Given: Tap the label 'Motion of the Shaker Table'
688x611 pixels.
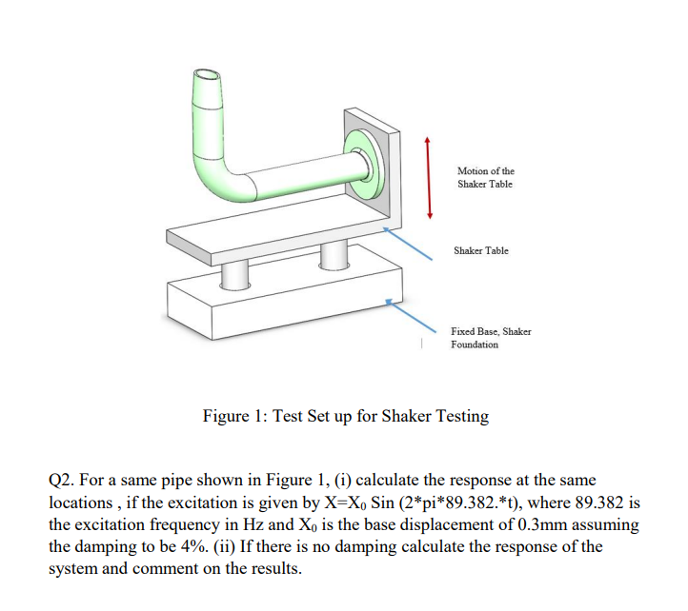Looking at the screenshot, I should click(x=485, y=177).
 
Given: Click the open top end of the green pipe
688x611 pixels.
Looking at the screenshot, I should click(x=208, y=75).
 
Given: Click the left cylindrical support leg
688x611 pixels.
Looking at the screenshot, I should click(x=233, y=272).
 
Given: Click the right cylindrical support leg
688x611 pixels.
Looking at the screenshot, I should click(x=332, y=254).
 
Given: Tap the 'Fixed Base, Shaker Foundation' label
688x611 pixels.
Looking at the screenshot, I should click(x=491, y=338).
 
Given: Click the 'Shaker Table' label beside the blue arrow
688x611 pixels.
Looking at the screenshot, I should click(x=481, y=250).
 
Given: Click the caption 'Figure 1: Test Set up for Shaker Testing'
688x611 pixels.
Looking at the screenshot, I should click(x=346, y=416).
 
